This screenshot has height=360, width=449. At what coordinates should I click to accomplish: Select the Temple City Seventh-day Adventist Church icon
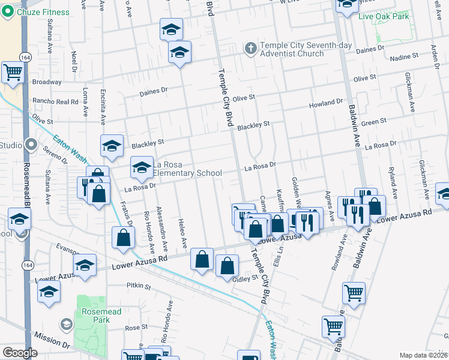(251, 47)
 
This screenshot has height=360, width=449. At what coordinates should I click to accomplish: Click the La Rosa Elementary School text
(187, 169)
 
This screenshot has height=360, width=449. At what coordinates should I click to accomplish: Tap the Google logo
(20, 353)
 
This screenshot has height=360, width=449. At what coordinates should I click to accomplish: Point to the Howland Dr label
(326, 103)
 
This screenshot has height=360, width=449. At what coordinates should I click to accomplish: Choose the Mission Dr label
(52, 338)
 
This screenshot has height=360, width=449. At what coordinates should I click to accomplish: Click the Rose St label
(136, 327)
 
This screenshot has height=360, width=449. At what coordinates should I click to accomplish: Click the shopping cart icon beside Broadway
(13, 72)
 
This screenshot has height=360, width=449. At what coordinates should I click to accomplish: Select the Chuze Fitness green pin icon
(8, 11)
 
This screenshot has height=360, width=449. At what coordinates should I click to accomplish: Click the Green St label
(374, 122)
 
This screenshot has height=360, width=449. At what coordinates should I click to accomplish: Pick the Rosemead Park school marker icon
(66, 325)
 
